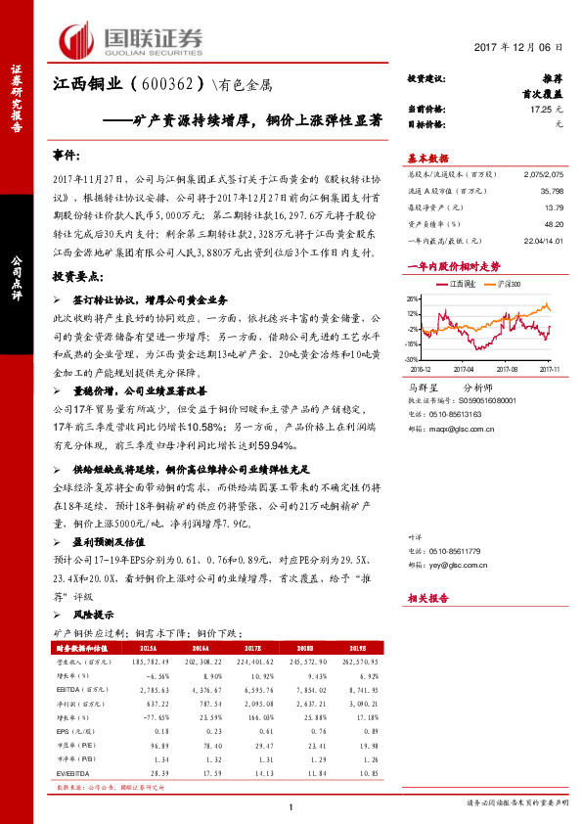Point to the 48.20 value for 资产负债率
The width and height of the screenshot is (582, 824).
(554, 224)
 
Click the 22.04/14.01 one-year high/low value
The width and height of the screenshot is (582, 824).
(543, 240)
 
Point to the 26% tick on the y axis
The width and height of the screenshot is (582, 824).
(414, 299)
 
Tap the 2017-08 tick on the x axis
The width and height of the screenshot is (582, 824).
(506, 370)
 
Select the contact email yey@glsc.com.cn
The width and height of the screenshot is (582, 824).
(472, 566)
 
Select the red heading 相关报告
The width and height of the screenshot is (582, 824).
(427, 596)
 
